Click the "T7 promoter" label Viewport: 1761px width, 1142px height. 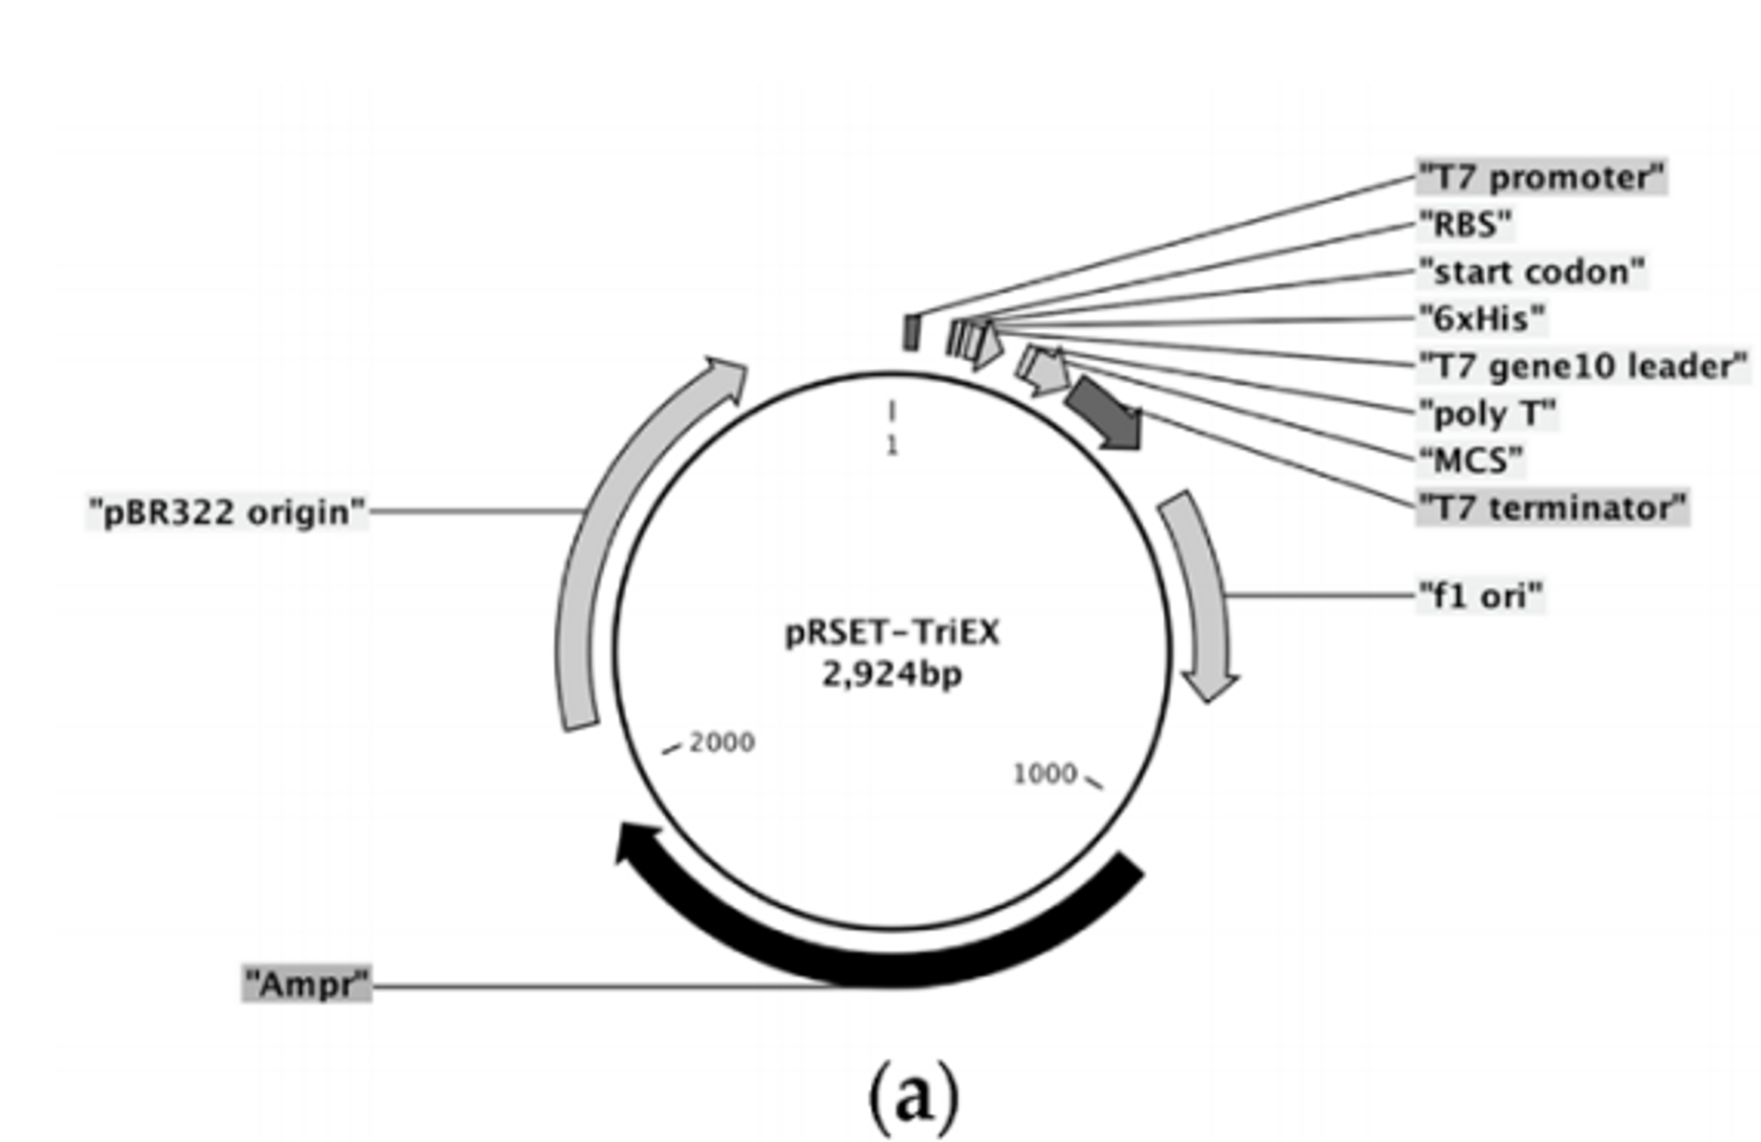1541,177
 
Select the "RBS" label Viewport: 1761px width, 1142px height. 1465,225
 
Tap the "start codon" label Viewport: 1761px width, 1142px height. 1531,271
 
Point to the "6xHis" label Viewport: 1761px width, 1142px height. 1481,319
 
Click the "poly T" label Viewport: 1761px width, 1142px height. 1487,413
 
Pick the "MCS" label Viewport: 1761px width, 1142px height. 1470,460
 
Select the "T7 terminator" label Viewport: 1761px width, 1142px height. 1552,508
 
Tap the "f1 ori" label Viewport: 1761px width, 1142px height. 1480,596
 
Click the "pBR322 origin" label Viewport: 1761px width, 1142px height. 227,512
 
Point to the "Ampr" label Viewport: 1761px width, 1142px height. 306,984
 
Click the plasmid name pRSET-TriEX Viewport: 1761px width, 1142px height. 892,632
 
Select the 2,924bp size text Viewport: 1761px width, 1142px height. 892,674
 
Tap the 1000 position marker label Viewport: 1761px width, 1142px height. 1044,774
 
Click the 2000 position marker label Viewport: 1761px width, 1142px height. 721,742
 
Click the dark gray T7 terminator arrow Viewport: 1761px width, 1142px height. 1106,414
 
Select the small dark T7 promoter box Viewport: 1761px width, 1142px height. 911,333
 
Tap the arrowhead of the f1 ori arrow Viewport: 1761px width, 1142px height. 1210,685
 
